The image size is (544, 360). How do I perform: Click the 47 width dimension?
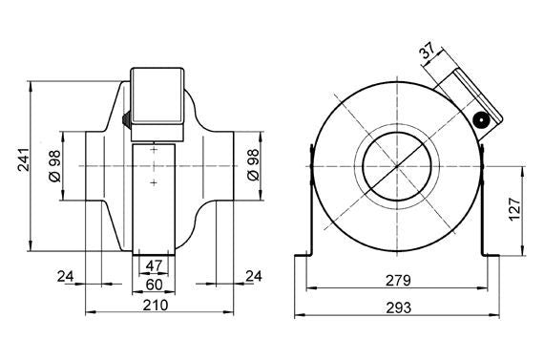pos(154,265)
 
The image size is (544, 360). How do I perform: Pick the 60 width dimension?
pos(154,284)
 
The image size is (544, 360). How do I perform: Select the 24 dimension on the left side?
pos(66,276)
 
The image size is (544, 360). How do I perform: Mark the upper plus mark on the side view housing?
pos(154,151)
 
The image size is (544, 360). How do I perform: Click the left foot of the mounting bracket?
pos(301,256)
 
